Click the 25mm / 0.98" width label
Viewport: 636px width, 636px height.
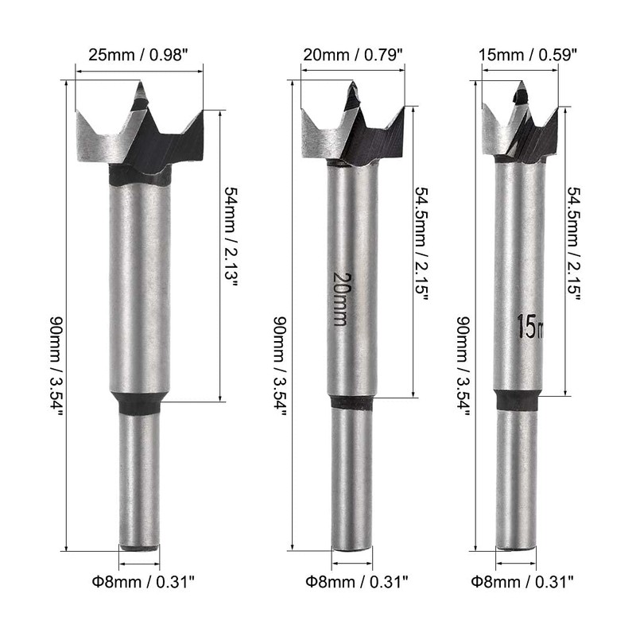click(x=138, y=55)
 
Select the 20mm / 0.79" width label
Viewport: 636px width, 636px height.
click(x=353, y=54)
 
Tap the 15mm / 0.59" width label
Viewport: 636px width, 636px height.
click(x=528, y=54)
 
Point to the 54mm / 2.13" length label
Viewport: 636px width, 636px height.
click(x=231, y=236)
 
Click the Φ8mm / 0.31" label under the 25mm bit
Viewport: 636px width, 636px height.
click(x=143, y=582)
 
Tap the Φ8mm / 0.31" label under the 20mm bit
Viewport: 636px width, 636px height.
click(x=356, y=582)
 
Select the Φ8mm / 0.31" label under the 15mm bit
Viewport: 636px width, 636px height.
click(x=522, y=582)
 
